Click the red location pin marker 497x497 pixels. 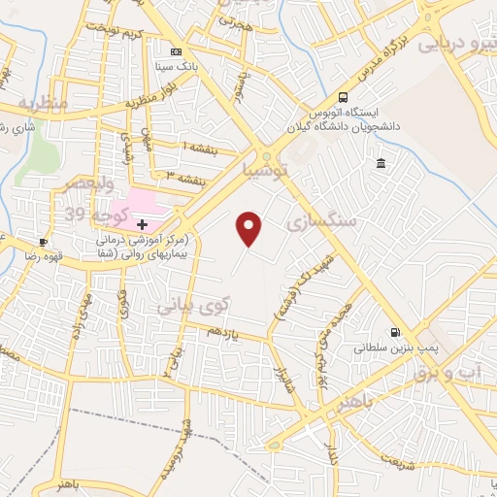point(250,228)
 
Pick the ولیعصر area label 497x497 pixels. point(89,184)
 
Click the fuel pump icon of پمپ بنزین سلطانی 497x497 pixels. point(394,331)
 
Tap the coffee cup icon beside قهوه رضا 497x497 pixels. point(43,242)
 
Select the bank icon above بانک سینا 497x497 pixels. point(175,51)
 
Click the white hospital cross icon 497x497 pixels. point(142,224)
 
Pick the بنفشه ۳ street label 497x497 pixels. point(185,179)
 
